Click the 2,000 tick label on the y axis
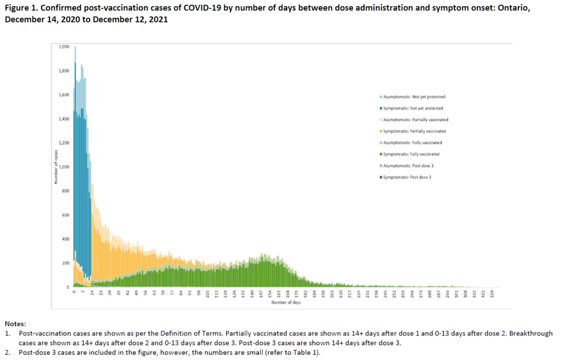pos(64,47)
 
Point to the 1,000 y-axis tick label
pos(64,167)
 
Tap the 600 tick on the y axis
pos(66,215)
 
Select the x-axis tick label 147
pos(261,294)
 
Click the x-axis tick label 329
pos(492,294)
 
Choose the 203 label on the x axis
pos(332,294)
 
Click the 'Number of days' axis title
pos(286,302)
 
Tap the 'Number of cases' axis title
pos(56,167)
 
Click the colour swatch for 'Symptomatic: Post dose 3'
pos(381,177)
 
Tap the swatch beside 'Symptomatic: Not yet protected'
pos(381,108)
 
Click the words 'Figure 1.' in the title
pos(21,8)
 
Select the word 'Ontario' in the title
pos(513,8)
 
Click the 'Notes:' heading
pos(15,324)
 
